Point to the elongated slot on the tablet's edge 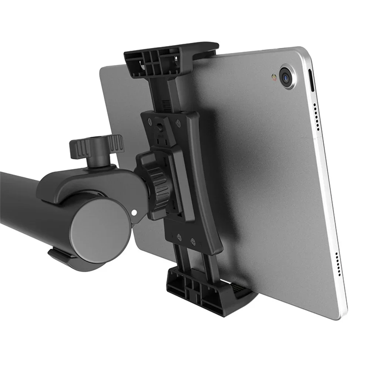click(311, 81)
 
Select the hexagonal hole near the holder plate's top click(160, 128)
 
